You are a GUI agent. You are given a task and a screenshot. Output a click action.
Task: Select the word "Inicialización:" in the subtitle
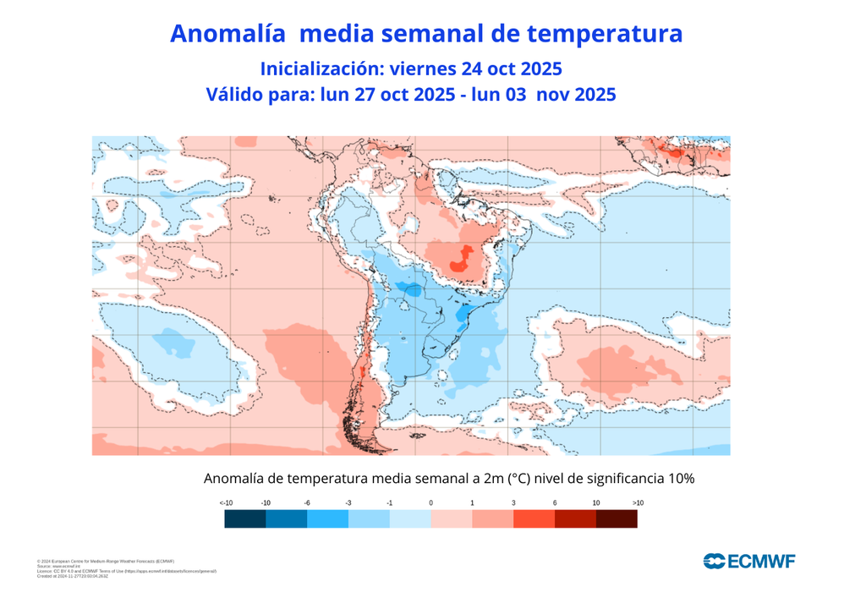[x=316, y=68]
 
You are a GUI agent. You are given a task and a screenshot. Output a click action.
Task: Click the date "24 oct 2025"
[x=512, y=68]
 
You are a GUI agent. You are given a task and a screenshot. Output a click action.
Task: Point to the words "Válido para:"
[x=260, y=95]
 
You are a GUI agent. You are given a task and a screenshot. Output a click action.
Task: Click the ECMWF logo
[x=749, y=561]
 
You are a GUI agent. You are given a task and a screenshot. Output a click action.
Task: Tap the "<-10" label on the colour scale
[x=226, y=503]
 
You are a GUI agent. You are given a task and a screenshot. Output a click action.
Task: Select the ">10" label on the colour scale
[x=637, y=503]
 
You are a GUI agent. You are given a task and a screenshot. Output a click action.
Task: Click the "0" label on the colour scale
[x=431, y=503]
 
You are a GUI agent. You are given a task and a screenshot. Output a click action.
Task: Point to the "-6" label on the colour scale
[x=307, y=503]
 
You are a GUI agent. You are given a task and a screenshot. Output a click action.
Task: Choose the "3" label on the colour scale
[x=513, y=503]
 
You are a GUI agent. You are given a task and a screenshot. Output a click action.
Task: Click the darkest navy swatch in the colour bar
[x=245, y=519]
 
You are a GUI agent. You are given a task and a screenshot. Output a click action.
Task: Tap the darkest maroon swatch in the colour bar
[x=617, y=519]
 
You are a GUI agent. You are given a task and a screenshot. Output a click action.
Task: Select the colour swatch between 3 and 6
[x=534, y=519]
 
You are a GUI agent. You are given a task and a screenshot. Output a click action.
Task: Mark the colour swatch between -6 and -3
[x=327, y=519]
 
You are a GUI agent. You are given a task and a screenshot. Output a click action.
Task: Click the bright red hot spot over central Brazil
[x=461, y=259]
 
